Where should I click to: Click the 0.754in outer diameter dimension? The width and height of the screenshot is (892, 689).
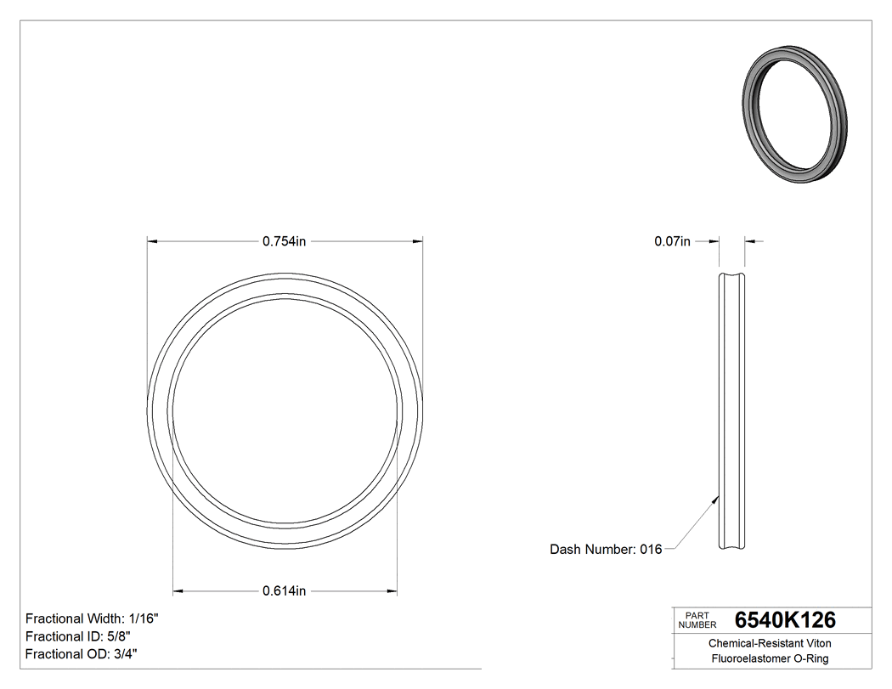(x=284, y=241)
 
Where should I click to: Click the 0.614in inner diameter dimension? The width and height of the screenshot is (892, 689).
(x=284, y=590)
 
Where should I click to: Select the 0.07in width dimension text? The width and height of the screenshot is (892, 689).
(x=672, y=241)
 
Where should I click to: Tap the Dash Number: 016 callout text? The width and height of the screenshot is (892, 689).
(x=606, y=550)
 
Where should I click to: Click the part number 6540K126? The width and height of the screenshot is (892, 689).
(x=785, y=619)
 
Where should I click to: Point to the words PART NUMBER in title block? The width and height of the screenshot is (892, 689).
(x=697, y=619)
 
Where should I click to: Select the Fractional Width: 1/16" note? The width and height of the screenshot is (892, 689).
(x=92, y=618)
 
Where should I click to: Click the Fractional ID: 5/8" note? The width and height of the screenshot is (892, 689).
(x=77, y=636)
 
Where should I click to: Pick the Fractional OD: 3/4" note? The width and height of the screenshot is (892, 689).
(x=82, y=654)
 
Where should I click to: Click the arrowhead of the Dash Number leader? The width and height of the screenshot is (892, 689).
(x=714, y=500)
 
